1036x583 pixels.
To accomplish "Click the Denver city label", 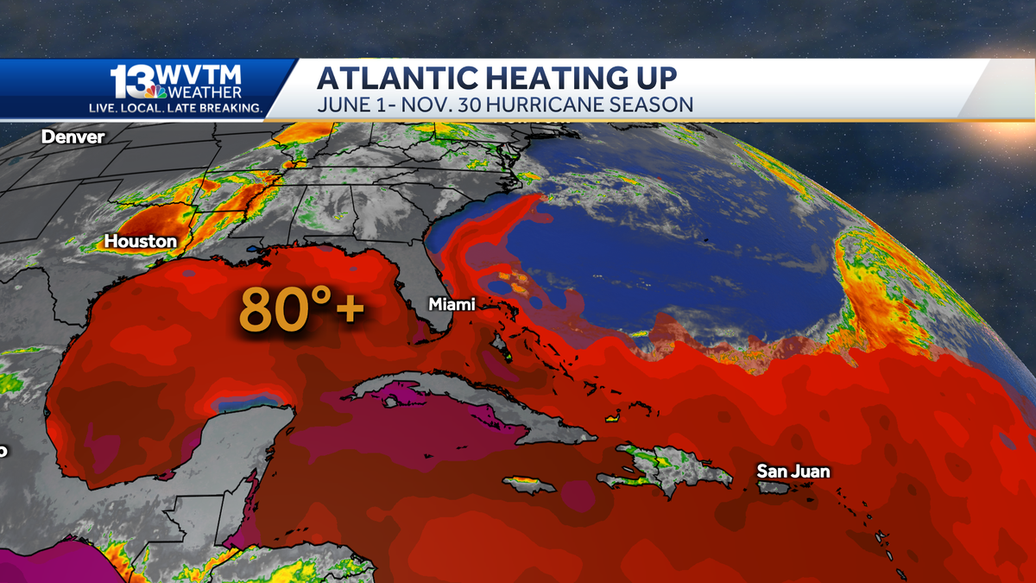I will pos(73,136).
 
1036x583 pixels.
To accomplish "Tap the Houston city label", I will pos(141,241).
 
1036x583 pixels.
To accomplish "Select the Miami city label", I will pos(452,305).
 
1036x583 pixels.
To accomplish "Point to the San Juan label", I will pos(793,471).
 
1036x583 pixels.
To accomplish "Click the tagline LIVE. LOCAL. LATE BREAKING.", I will pos(176,108).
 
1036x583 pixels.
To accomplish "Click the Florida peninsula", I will pos(429,294).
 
